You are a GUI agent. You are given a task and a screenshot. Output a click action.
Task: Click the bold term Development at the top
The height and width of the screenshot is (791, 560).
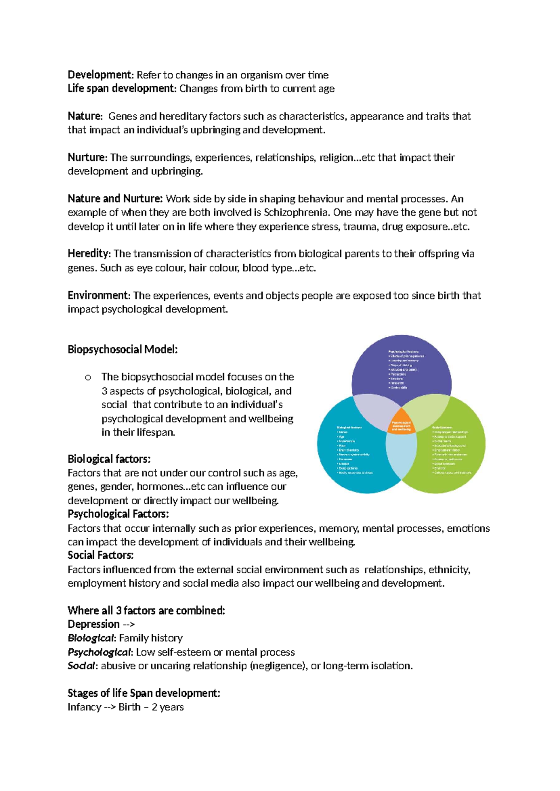click(100, 75)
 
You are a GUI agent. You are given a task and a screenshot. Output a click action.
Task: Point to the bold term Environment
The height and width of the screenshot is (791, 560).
click(98, 295)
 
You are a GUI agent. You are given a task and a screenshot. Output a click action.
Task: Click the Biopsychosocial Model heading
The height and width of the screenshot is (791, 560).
click(123, 349)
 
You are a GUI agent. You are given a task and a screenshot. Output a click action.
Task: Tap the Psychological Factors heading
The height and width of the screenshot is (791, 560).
click(118, 514)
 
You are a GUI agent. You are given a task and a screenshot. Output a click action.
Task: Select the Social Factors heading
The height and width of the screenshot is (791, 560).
click(101, 555)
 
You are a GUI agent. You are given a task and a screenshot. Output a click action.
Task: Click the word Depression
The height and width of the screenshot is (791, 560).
click(94, 624)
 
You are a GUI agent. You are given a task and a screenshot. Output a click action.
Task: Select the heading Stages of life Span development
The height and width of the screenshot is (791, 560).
click(144, 693)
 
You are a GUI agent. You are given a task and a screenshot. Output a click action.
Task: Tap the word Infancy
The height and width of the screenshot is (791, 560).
click(84, 707)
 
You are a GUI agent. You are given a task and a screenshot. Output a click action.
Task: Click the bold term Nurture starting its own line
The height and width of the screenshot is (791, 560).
click(87, 158)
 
